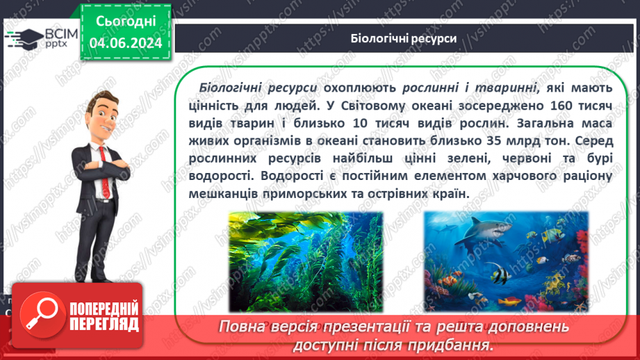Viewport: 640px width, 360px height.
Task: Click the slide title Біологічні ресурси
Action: tap(403, 38)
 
